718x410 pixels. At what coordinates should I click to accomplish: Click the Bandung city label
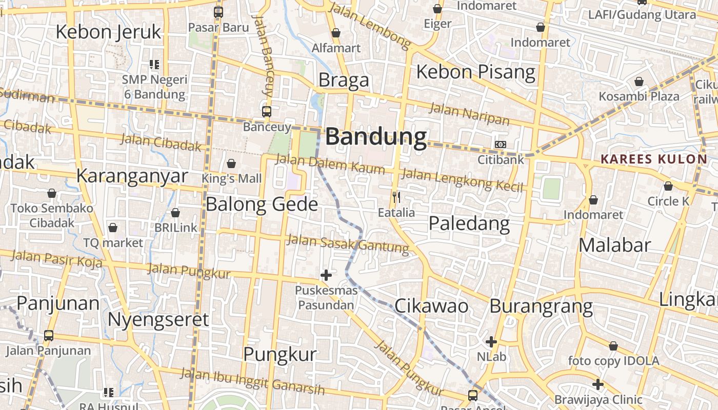click(376, 137)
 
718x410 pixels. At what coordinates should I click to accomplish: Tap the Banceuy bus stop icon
click(267, 111)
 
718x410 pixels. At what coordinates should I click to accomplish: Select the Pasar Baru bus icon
click(218, 12)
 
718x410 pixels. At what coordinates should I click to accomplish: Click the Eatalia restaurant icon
click(396, 197)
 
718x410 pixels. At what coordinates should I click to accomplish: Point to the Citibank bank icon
click(501, 145)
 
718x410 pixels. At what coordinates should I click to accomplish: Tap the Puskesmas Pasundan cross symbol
click(326, 275)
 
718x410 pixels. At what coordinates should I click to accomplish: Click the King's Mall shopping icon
click(231, 163)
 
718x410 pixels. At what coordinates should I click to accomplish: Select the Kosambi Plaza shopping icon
click(639, 81)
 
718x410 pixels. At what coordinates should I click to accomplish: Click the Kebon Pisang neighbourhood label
click(475, 72)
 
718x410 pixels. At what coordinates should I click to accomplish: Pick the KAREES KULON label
click(653, 159)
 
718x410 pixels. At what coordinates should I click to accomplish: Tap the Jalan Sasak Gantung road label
click(348, 244)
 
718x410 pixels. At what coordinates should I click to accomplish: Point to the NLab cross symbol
click(491, 341)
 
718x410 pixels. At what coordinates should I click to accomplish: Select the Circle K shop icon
click(668, 186)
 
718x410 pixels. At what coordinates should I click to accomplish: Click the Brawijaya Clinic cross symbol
click(598, 384)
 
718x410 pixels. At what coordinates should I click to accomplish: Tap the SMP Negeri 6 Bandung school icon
click(154, 65)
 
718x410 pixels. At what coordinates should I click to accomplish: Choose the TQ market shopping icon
click(113, 228)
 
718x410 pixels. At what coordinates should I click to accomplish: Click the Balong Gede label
click(262, 204)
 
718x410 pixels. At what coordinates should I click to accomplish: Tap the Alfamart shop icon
click(336, 33)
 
